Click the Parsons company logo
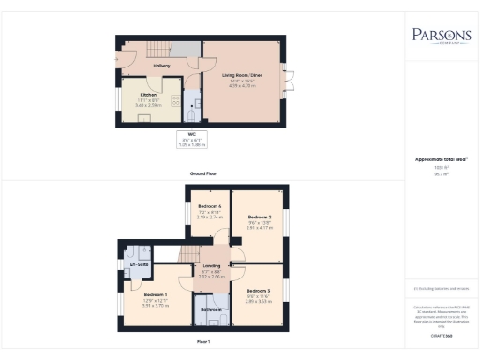pos(442,37)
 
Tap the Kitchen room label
pos(147,95)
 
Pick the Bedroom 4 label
pos(209,206)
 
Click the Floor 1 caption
pos(202,342)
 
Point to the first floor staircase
pos(192,252)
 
